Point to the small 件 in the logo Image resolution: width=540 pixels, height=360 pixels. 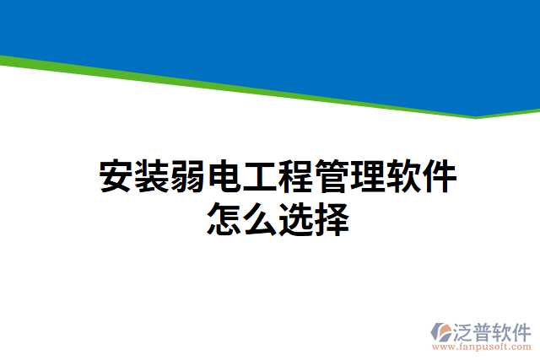pos(524,330)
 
